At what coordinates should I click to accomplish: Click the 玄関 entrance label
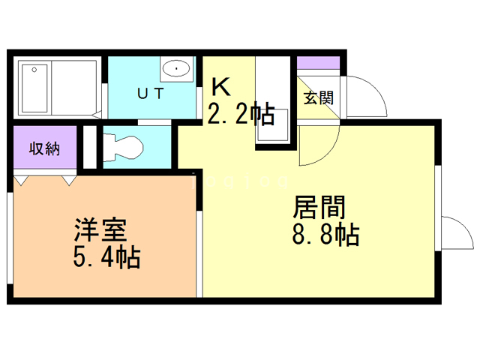coord(319,97)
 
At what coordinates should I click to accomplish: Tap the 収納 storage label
coord(44,148)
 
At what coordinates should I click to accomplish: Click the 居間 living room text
coord(319,205)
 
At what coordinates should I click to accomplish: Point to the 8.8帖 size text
coord(325,235)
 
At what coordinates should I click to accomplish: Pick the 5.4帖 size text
coord(106,257)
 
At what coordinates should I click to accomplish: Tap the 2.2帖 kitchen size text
coord(240,114)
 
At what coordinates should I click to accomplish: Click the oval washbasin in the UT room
coord(176,69)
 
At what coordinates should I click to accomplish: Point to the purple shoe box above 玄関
coord(319,63)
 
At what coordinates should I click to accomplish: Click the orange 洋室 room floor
coord(105,270)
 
